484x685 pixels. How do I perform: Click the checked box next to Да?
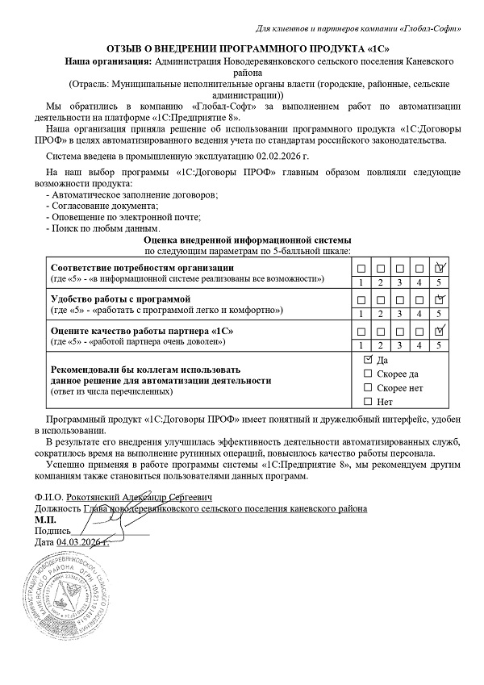coord(368,359)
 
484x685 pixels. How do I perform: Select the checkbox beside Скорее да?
coord(368,373)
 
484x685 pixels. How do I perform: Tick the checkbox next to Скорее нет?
coord(368,387)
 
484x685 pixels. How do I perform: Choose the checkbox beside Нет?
coord(368,401)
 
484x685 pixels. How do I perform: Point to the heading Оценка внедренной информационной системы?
coord(248,240)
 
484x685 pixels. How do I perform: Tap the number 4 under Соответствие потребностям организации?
coord(419,282)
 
